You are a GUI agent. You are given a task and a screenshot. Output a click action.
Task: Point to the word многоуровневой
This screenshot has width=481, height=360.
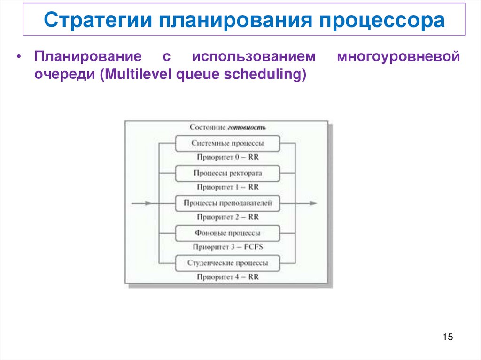[398, 57]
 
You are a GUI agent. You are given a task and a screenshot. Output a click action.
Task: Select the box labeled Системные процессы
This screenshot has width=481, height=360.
[227, 143]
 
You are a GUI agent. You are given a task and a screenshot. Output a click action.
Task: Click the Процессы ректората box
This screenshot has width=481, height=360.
[227, 173]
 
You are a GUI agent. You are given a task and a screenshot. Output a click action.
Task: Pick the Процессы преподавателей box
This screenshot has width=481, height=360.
[227, 203]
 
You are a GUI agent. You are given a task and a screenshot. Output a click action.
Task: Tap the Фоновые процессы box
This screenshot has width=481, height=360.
[227, 233]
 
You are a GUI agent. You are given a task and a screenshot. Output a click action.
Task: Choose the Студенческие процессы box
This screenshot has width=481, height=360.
[227, 263]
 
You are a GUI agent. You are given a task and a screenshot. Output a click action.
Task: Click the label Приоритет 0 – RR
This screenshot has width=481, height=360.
[227, 157]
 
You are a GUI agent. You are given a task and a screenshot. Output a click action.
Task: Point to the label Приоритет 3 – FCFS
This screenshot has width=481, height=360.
[227, 247]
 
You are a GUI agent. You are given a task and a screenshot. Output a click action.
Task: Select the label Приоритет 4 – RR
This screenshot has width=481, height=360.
[227, 277]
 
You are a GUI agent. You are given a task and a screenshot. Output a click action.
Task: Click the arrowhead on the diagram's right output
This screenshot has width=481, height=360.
[313, 203]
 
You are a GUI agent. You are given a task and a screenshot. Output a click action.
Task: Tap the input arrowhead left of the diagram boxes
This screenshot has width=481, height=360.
[148, 203]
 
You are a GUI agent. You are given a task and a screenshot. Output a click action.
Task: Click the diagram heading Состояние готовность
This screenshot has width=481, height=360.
[227, 127]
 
